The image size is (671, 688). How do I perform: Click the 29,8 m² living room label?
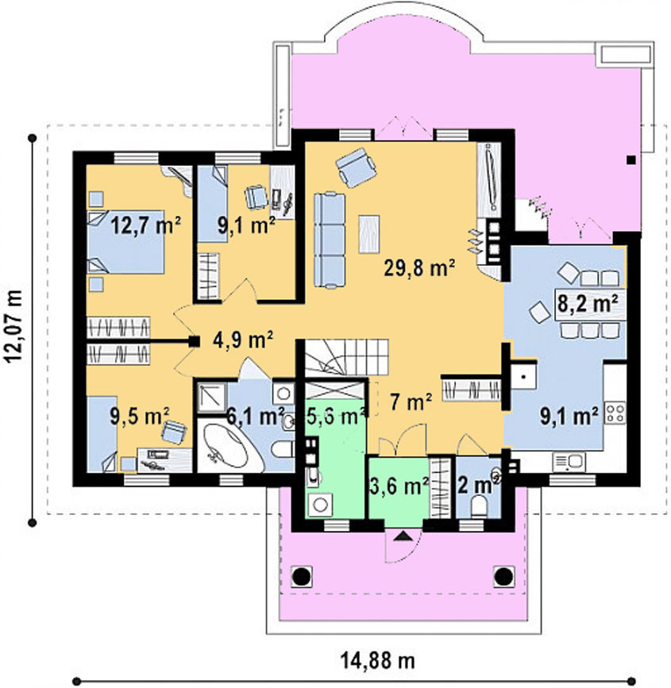(x=419, y=267)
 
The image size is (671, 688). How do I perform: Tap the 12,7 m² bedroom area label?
(x=145, y=226)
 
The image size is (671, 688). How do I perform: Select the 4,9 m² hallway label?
(x=243, y=339)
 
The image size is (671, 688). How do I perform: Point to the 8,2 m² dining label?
(x=588, y=303)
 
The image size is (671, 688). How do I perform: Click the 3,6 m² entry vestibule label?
(x=399, y=486)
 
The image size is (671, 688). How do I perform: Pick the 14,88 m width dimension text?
(x=378, y=659)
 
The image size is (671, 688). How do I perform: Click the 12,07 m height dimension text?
(x=15, y=325)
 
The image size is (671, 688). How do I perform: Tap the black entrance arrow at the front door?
(x=403, y=536)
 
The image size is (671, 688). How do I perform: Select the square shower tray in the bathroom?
(x=211, y=398)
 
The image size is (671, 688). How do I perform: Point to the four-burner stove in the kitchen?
(x=615, y=413)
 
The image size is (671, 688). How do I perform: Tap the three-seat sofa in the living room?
(x=330, y=240)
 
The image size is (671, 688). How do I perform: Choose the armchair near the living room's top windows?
(x=356, y=167)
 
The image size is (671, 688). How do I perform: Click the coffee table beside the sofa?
(x=369, y=234)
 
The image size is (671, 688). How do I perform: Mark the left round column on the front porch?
(x=302, y=575)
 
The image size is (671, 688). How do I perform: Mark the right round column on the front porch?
(x=503, y=575)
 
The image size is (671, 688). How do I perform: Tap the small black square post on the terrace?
(x=631, y=160)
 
